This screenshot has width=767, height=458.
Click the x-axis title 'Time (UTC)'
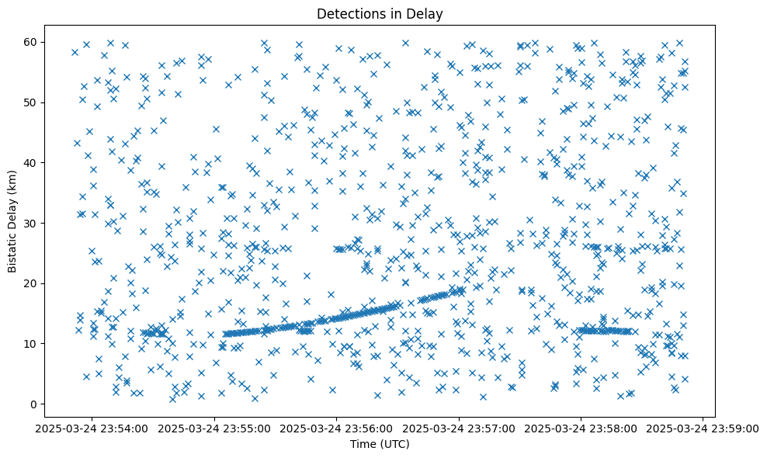coord(380,445)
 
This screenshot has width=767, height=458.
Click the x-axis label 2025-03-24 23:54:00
coord(92,428)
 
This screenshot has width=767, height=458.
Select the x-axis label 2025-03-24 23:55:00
coord(215,428)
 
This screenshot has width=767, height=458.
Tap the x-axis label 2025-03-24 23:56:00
coord(337,428)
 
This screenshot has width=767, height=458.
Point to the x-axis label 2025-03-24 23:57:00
coord(459,428)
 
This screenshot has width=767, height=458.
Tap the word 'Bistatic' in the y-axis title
coord(12,245)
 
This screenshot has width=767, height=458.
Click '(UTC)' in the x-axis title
coord(394,445)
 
